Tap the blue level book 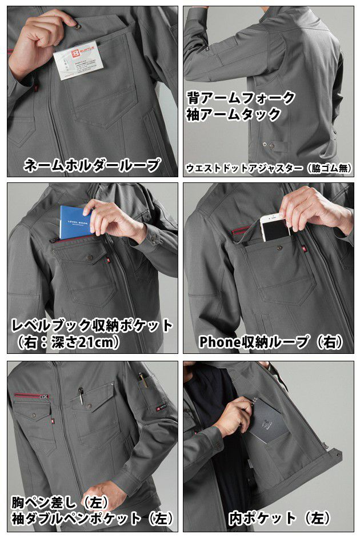tap(75, 221)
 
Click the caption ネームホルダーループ tap(92, 166)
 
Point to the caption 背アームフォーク tap(241, 97)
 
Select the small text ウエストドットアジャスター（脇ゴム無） tap(268, 169)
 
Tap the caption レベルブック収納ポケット tap(92, 325)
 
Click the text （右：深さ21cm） tap(68, 342)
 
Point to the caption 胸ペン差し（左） tap(61, 503)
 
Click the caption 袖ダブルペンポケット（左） tap(92, 519)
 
